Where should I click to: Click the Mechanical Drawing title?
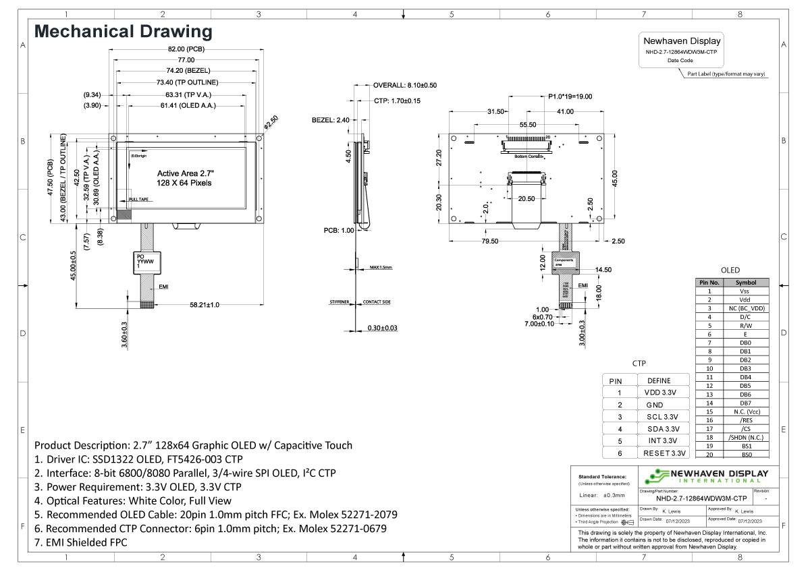(x=123, y=32)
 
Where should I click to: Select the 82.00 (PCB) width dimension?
(x=186, y=49)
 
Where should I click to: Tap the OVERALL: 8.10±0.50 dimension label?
(x=405, y=86)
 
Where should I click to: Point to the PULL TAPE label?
(x=138, y=200)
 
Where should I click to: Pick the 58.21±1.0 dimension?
(x=205, y=305)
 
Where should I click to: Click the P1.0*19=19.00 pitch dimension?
(x=566, y=96)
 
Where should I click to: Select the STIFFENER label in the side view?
(x=339, y=302)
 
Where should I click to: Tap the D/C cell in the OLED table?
(x=745, y=316)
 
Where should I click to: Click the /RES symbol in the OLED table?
(x=745, y=420)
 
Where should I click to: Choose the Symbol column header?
(x=745, y=283)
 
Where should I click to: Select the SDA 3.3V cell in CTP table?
(x=664, y=428)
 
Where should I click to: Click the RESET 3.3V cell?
(x=664, y=453)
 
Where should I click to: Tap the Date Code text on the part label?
(x=680, y=60)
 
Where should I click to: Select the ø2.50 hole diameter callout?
(x=270, y=122)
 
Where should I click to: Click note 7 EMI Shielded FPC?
(x=80, y=542)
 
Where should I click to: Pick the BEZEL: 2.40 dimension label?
(x=330, y=120)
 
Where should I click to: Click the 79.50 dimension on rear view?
(x=490, y=241)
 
